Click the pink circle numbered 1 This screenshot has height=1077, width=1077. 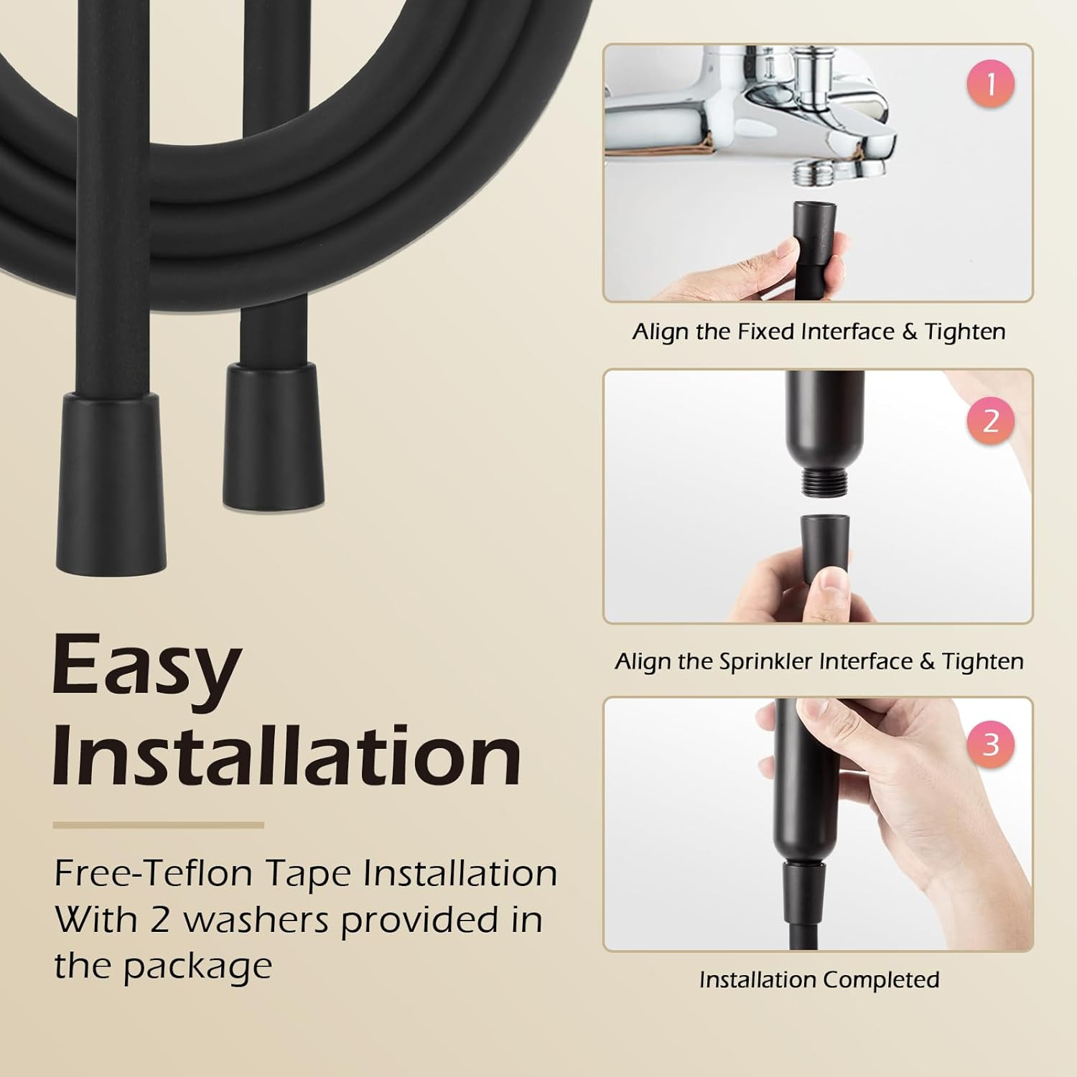tap(991, 85)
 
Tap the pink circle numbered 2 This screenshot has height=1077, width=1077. tap(991, 421)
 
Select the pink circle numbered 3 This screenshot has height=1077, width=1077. tap(991, 744)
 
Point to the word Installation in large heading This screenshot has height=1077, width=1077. tap(286, 755)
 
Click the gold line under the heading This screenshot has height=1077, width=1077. tap(158, 825)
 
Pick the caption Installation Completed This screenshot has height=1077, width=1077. tap(819, 979)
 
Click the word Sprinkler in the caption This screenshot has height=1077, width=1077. tap(765, 661)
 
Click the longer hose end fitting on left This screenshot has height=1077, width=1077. tap(111, 481)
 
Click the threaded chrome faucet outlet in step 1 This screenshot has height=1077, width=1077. tap(810, 172)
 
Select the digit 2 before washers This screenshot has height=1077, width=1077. tap(159, 920)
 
